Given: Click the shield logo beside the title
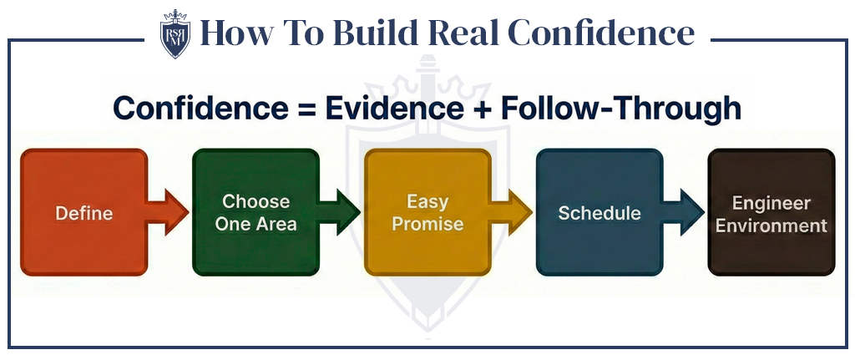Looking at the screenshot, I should [175, 34].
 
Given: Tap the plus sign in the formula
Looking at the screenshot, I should [483, 109].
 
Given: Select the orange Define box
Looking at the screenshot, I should [83, 212].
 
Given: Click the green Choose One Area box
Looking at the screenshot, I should [255, 212].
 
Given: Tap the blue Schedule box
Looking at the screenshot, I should [600, 212].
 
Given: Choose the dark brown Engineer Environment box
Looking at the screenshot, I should [771, 212].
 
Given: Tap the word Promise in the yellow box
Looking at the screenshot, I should [427, 224].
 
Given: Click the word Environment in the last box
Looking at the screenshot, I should [771, 226].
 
